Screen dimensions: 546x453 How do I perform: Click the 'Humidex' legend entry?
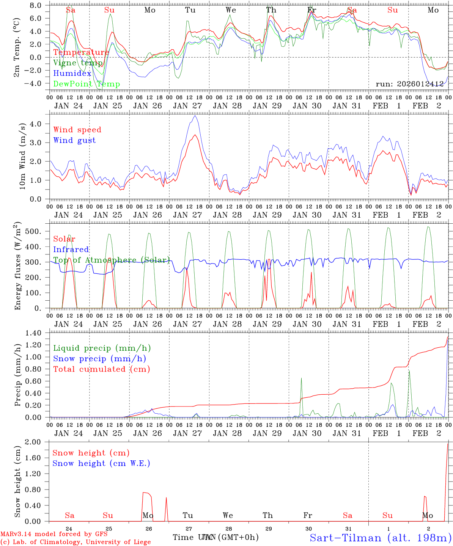(72, 74)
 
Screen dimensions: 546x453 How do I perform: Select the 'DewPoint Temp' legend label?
(87, 84)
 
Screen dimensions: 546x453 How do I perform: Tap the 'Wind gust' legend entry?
(74, 140)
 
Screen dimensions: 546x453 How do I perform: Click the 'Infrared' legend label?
(71, 249)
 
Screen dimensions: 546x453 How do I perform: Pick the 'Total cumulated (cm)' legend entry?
(101, 369)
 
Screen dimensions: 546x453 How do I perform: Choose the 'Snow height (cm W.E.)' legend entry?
(101, 463)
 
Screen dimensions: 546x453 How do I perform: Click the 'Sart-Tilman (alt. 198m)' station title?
(381, 537)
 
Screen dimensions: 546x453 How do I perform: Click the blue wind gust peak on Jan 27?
(195, 116)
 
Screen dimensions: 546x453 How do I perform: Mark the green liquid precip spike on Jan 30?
(301, 378)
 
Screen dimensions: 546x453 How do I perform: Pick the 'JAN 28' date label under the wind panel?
(227, 215)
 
